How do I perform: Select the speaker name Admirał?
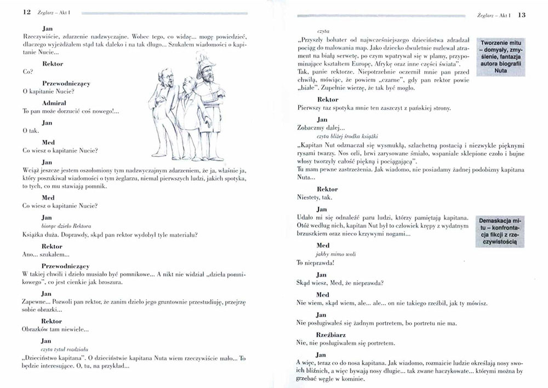pos(53,103)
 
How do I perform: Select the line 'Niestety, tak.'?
pos(314,198)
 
